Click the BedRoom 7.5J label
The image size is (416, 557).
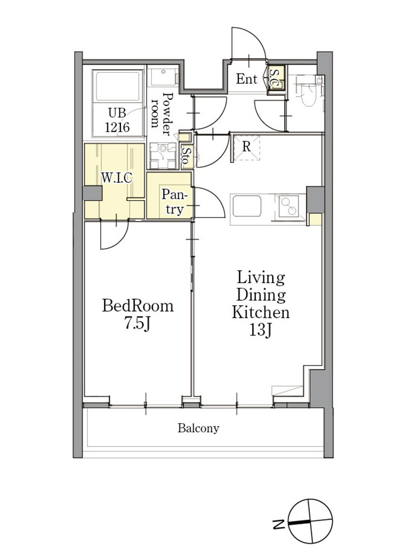coord(138,315)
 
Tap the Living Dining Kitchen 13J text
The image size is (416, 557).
coord(261,304)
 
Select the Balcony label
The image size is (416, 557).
coord(198,428)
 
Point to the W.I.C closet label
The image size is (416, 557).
coord(117,177)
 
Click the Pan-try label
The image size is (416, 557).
coord(174,202)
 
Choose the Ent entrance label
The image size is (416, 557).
coord(247,78)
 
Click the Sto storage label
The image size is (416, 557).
coord(186,155)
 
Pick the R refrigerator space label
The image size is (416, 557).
coord(246,146)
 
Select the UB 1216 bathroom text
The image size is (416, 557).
coord(117,120)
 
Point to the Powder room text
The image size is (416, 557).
coord(162,114)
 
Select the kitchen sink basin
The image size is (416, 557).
coord(247,207)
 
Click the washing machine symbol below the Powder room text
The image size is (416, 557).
coord(163,156)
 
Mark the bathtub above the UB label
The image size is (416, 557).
coord(118,87)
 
